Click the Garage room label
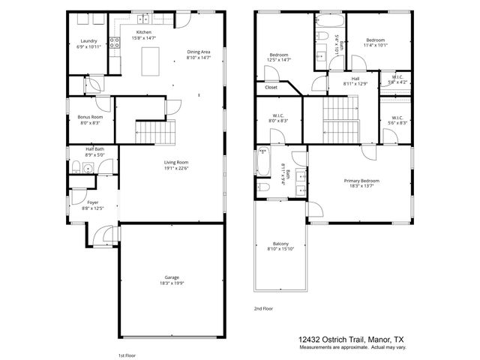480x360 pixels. pyautogui.click(x=172, y=279)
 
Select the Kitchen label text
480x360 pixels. pyautogui.click(x=144, y=35)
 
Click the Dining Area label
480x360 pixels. pyautogui.click(x=199, y=54)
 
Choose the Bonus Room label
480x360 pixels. pyautogui.click(x=90, y=120)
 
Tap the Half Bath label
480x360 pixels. pyautogui.click(x=94, y=152)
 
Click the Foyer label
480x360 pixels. pyautogui.click(x=92, y=205)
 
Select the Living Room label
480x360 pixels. pyautogui.click(x=176, y=165)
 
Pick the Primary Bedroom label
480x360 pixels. pyautogui.click(x=361, y=184)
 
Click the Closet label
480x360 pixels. pyautogui.click(x=271, y=88)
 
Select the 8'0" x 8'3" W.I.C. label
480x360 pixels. pyautogui.click(x=278, y=118)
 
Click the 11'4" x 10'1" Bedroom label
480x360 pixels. pyautogui.click(x=375, y=42)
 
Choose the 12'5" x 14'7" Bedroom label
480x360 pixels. pyautogui.click(x=279, y=58)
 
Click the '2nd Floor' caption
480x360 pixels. pyautogui.click(x=263, y=308)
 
